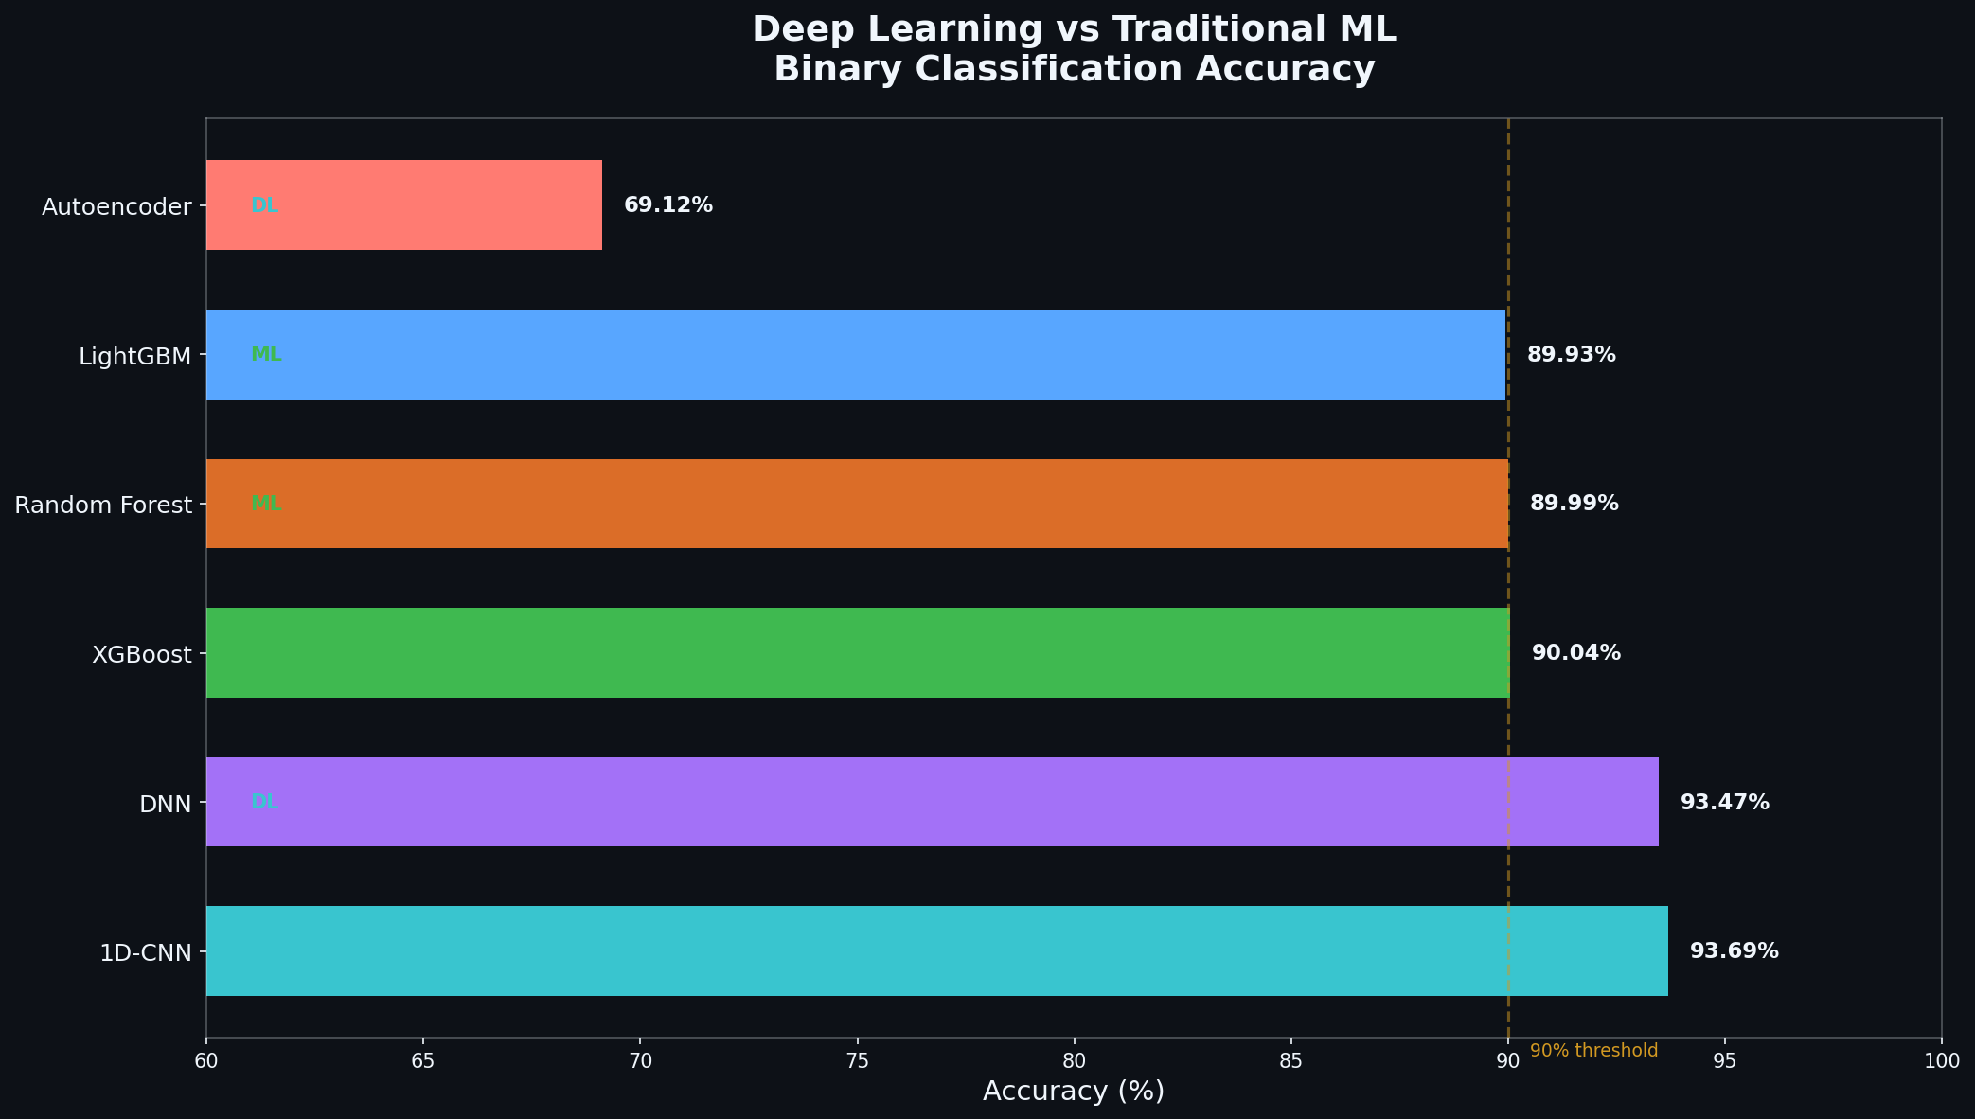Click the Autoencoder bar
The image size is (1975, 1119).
(404, 204)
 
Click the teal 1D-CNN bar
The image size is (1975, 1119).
(936, 950)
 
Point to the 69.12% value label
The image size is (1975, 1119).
(667, 205)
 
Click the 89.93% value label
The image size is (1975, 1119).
(1571, 355)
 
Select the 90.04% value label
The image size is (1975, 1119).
(1575, 653)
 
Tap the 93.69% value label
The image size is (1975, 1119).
(1734, 951)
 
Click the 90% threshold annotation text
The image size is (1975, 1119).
(1593, 1051)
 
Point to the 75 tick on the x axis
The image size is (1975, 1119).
(857, 1061)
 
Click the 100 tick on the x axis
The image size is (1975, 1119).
(1941, 1061)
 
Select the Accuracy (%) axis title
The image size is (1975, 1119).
(1074, 1092)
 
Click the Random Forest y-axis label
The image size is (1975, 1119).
(103, 506)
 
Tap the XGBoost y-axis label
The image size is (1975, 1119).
(142, 654)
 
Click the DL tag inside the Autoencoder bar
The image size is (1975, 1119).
(264, 205)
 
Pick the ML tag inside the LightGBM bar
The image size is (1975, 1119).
(266, 355)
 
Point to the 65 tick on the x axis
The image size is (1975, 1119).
(422, 1061)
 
